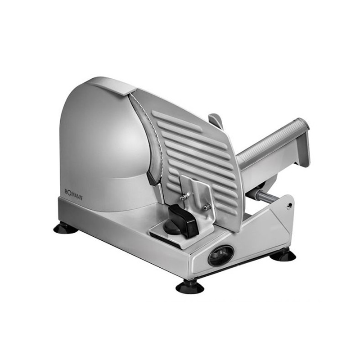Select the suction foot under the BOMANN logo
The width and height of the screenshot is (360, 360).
[x=66, y=228]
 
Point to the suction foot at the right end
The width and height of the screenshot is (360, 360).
[x=283, y=256]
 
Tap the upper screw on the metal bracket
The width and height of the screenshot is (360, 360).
[x=183, y=196]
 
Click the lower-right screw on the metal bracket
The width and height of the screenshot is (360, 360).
[x=207, y=206]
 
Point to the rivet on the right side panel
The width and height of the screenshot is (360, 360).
[x=289, y=206]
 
